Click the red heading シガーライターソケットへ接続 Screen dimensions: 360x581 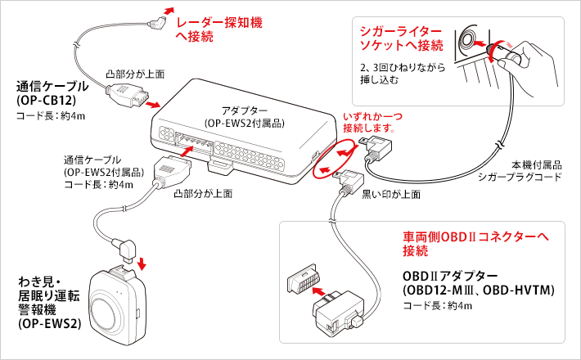pos(401,38)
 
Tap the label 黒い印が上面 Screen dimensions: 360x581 pos(391,194)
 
